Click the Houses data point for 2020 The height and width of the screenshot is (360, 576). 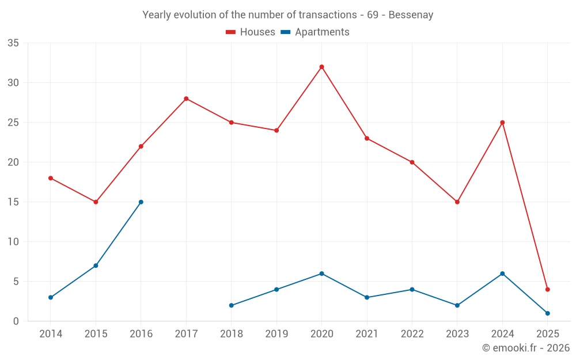click(321, 67)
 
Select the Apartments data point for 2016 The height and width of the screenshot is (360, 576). click(141, 202)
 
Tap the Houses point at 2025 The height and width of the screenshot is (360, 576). click(547, 290)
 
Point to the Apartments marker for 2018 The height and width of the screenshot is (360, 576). click(231, 305)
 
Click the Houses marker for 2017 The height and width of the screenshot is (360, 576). click(186, 98)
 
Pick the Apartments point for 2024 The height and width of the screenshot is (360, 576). click(502, 274)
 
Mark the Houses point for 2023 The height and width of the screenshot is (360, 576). click(457, 202)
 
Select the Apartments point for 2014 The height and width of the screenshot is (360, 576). click(51, 297)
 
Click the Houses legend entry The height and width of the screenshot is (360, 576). click(251, 32)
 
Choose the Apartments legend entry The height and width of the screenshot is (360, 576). click(315, 32)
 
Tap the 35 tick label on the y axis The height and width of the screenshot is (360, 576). click(13, 43)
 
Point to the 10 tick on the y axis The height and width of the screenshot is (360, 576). click(13, 242)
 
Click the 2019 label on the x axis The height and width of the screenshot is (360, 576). click(276, 334)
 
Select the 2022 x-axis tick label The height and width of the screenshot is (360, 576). click(412, 334)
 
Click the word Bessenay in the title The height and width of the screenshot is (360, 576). click(411, 15)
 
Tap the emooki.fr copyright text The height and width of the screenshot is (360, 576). click(525, 348)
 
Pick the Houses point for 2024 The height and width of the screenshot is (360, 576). click(502, 123)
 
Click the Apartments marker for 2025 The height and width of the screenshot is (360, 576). click(547, 313)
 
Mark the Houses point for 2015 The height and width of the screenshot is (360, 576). click(96, 202)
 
